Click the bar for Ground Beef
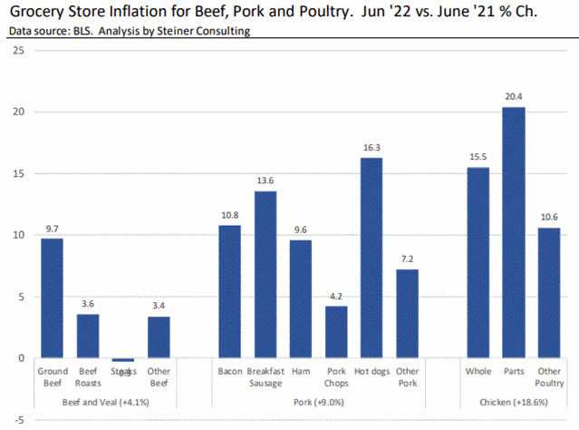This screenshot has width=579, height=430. tap(52, 298)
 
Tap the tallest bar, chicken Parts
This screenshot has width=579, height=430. tap(514, 232)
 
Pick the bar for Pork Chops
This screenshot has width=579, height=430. tap(336, 332)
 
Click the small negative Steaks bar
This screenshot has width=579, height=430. tap(122, 360)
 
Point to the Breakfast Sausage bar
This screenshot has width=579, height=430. tap(265, 274)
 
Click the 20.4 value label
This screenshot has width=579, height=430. tap(514, 96)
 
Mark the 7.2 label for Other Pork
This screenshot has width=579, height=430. tap(408, 259)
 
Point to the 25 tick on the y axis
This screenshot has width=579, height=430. tap(18, 50)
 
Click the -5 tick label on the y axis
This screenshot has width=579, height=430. tap(18, 421)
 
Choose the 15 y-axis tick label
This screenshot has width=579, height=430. tap(18, 173)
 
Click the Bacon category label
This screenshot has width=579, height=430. tap(230, 371)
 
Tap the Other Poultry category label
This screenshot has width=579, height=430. tap(548, 377)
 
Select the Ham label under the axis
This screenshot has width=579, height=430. tap(301, 371)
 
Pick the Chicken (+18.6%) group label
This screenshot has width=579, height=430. tap(513, 401)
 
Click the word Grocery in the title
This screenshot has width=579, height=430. tap(36, 12)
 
